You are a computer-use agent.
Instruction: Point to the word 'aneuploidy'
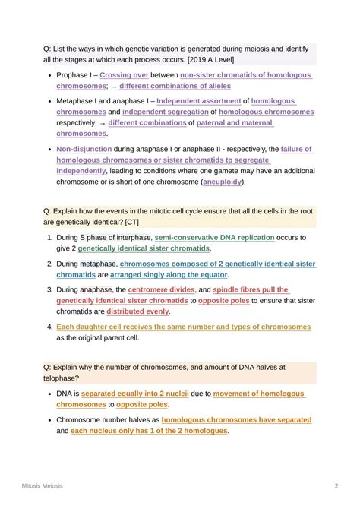point(223,182)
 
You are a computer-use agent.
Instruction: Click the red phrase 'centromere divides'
point(161,290)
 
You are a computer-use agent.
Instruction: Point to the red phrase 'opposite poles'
point(226,301)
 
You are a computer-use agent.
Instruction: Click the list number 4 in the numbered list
point(49,327)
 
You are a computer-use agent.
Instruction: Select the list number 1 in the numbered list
point(49,238)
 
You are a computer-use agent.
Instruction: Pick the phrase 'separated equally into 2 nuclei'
point(134,394)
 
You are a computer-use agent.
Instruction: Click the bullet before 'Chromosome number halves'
point(49,420)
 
